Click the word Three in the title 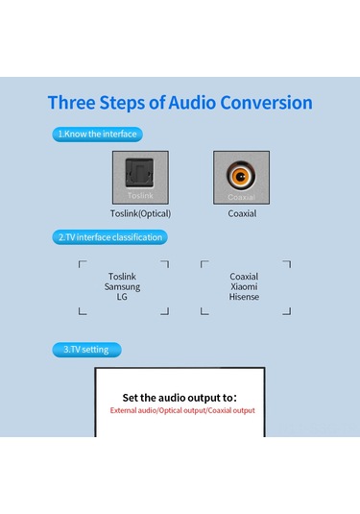(71, 102)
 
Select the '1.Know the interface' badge (97, 135)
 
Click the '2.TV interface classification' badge (109, 237)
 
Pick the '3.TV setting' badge (86, 350)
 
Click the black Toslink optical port (139, 173)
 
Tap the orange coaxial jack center (241, 177)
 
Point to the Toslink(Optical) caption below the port (140, 213)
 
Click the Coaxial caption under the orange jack (242, 213)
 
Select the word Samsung (122, 287)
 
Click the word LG (122, 297)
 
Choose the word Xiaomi (244, 286)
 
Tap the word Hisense (244, 297)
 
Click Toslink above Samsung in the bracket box (122, 277)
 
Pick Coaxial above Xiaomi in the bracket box (244, 277)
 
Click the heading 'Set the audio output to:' (180, 398)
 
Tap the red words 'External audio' (133, 410)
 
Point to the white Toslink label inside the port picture (140, 196)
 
